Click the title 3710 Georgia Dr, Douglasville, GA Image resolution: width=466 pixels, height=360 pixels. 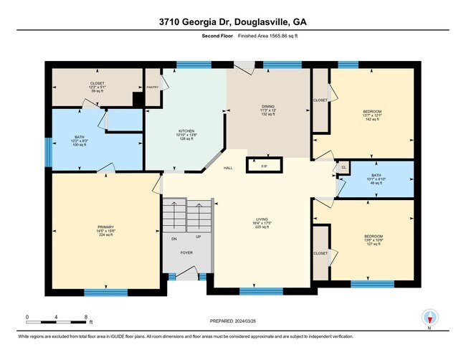233,22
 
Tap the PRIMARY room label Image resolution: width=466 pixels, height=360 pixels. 100,230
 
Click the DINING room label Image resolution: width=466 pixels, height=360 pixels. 267,109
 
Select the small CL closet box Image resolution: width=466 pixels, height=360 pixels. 343,168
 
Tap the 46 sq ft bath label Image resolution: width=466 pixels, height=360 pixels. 376,179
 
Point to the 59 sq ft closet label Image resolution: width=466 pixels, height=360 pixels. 97,87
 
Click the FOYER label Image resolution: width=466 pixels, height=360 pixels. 186,252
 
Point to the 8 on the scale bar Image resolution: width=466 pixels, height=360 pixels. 86,316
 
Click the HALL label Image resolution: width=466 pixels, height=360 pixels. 228,168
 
